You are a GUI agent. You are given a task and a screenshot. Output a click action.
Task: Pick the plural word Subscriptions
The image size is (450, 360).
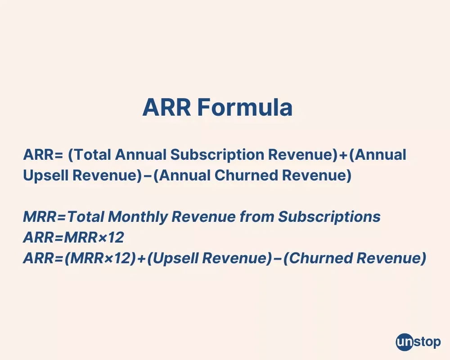329,217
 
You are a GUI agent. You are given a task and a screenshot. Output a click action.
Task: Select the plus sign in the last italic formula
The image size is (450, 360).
141,259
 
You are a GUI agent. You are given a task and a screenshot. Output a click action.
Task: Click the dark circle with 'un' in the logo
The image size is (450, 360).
404,342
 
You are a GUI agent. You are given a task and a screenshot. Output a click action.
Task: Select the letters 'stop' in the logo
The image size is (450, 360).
427,342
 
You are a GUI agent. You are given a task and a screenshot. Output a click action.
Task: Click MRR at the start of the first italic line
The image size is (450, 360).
37,217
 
